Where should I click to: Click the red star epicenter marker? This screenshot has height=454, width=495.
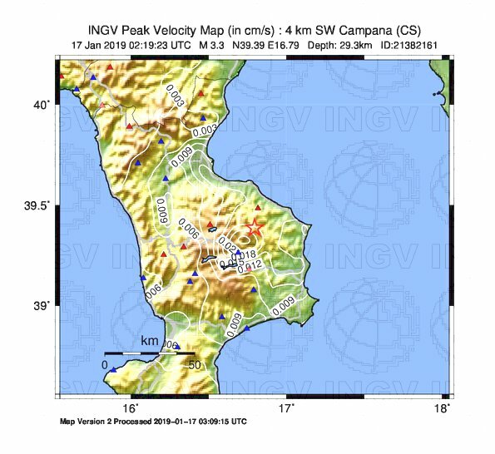click(255, 227)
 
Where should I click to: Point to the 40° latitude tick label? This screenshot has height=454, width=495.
click(42, 105)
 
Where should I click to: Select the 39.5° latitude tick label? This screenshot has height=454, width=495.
click(38, 205)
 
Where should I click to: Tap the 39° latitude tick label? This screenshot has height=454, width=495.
click(42, 306)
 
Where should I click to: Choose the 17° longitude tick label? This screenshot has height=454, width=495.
click(287, 408)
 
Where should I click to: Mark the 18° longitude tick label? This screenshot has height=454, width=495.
click(444, 408)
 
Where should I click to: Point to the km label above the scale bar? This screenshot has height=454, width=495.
click(150, 342)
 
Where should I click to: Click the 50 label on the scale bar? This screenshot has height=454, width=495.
click(195, 365)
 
